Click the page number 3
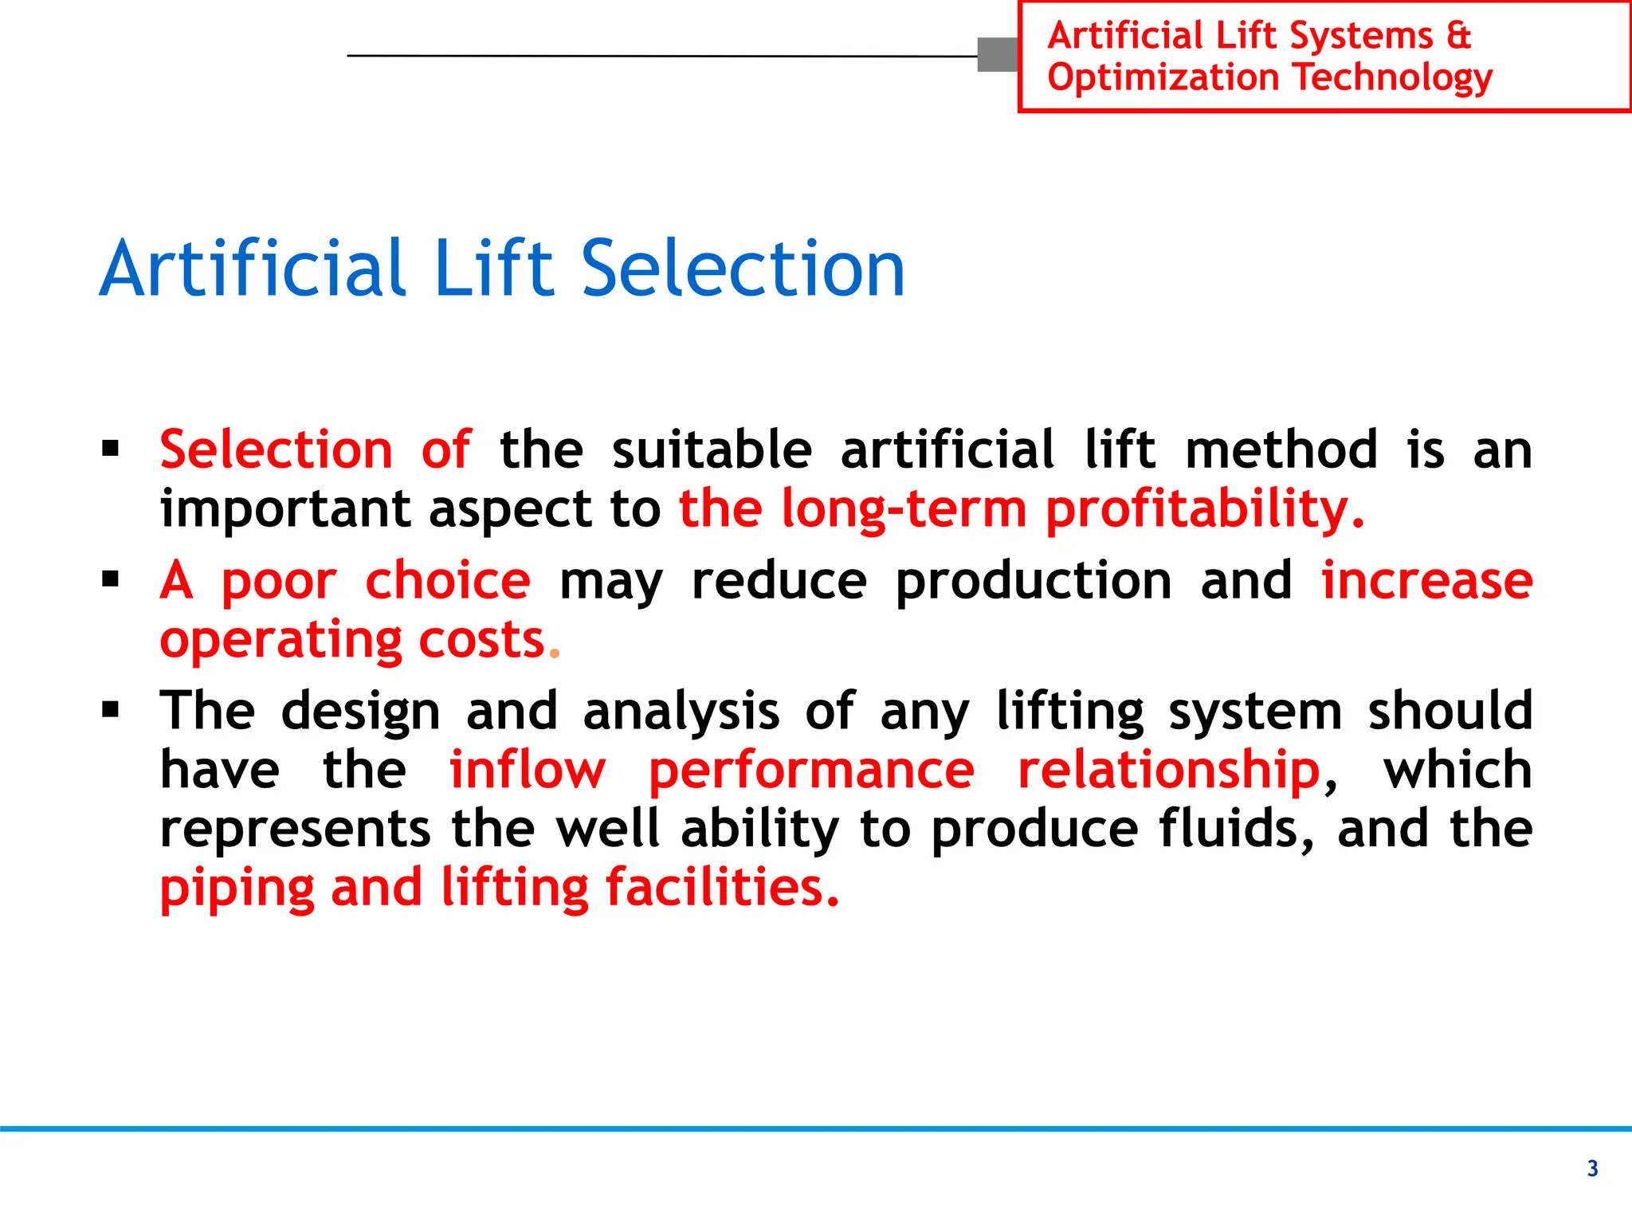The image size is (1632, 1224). (x=1592, y=1168)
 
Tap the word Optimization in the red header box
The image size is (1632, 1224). (x=1163, y=78)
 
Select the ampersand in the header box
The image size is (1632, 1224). (x=1457, y=36)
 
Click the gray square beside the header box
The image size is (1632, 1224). (x=997, y=55)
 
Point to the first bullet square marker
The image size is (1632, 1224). (x=111, y=449)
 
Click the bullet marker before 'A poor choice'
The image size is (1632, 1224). (x=111, y=579)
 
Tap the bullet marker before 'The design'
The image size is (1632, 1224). (x=111, y=709)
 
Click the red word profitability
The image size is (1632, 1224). (x=1203, y=510)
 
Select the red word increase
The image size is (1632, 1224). (x=1426, y=580)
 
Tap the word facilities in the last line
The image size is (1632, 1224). (x=722, y=888)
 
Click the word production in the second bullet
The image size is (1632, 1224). (x=1034, y=582)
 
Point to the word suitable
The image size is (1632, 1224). (x=712, y=450)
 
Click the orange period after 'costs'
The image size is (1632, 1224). (x=555, y=653)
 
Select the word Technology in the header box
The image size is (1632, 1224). (x=1393, y=78)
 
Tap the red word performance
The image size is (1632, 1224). (x=811, y=771)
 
